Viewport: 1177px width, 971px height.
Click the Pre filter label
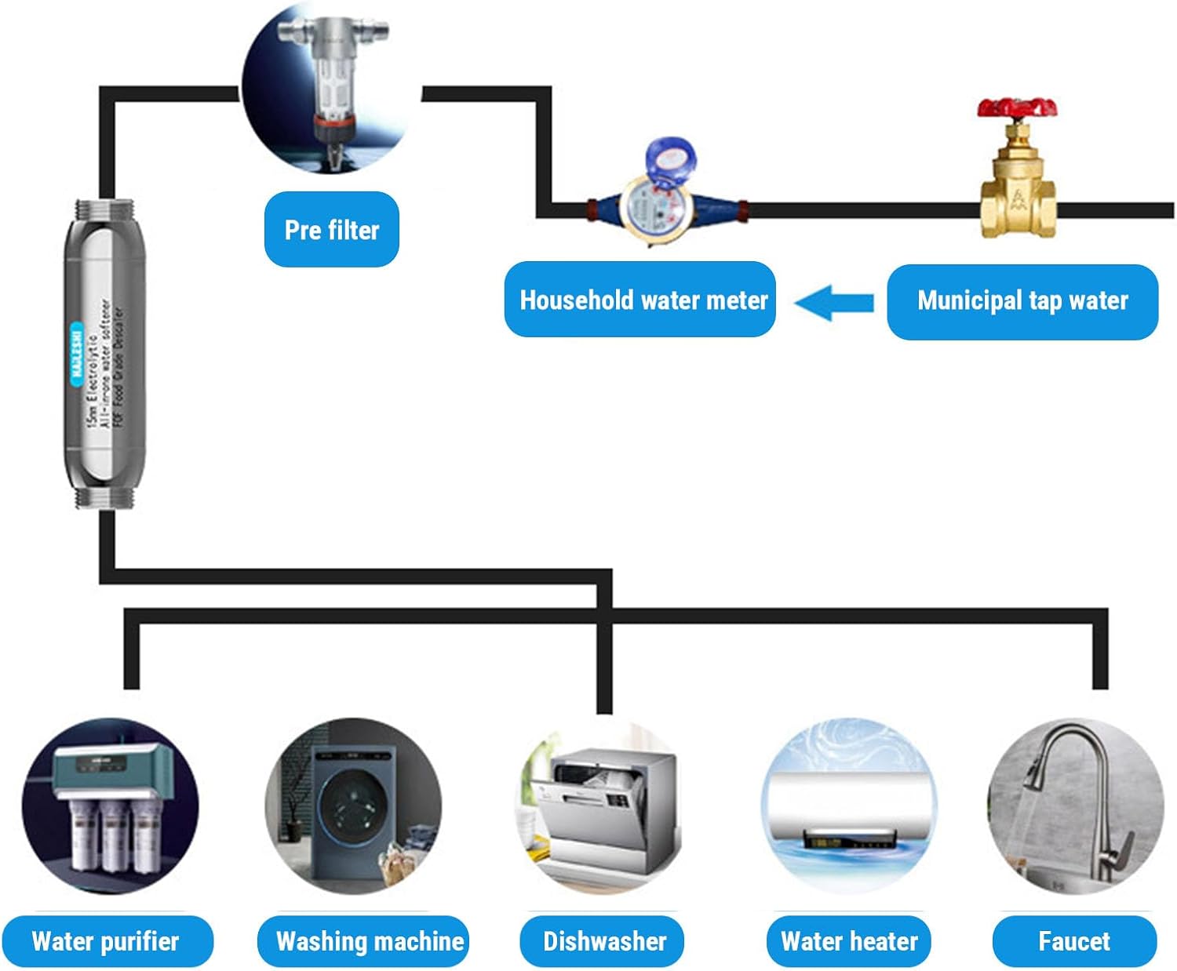pyautogui.click(x=332, y=229)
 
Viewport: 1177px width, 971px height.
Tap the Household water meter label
pyautogui.click(x=640, y=300)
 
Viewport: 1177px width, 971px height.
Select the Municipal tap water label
pyautogui.click(x=1022, y=301)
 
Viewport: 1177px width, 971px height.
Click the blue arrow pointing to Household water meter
pyautogui.click(x=833, y=302)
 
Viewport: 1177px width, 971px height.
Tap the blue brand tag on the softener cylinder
pyautogui.click(x=76, y=353)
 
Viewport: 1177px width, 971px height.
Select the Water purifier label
pyautogui.click(x=107, y=941)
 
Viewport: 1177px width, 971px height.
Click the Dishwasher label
pyautogui.click(x=603, y=941)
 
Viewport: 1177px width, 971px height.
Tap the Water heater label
pyautogui.click(x=849, y=941)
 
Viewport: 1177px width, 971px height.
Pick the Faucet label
pyautogui.click(x=1074, y=941)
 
